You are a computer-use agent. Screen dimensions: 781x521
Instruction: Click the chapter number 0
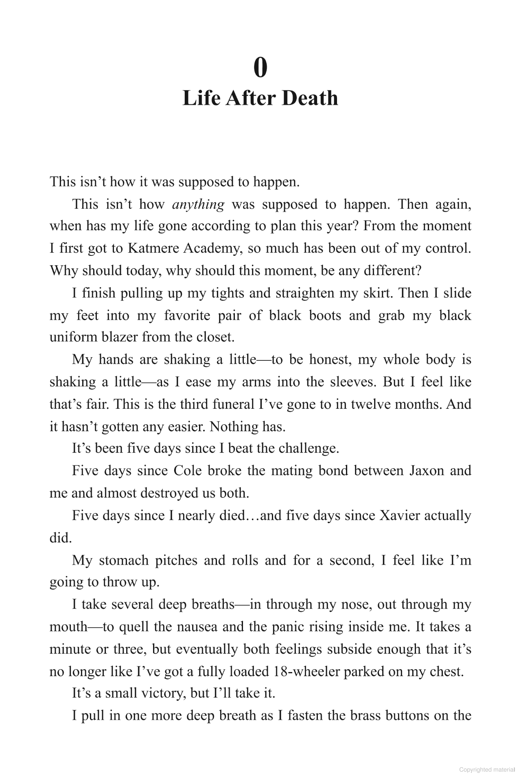[260, 68]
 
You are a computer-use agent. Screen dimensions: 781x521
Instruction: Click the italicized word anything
[198, 204]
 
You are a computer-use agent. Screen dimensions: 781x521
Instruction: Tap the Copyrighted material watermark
[487, 770]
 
